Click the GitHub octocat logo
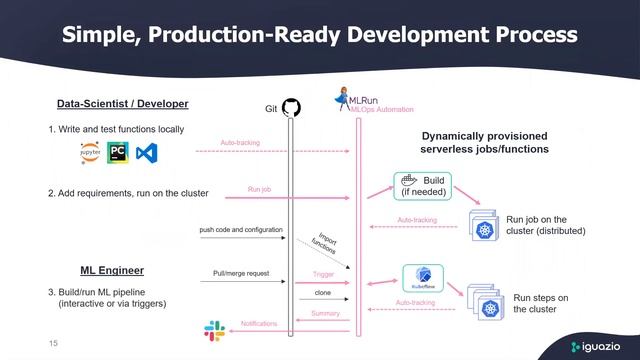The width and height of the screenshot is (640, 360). tap(291, 107)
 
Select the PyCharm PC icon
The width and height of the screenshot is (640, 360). tap(119, 153)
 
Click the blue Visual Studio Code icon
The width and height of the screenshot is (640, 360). tap(148, 153)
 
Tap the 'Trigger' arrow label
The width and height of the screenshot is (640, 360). tap(322, 272)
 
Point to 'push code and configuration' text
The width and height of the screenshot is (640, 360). tap(241, 230)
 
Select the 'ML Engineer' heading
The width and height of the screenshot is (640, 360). tap(112, 270)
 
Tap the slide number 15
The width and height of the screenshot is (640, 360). tap(54, 343)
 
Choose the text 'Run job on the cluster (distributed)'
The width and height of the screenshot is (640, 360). tap(546, 224)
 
